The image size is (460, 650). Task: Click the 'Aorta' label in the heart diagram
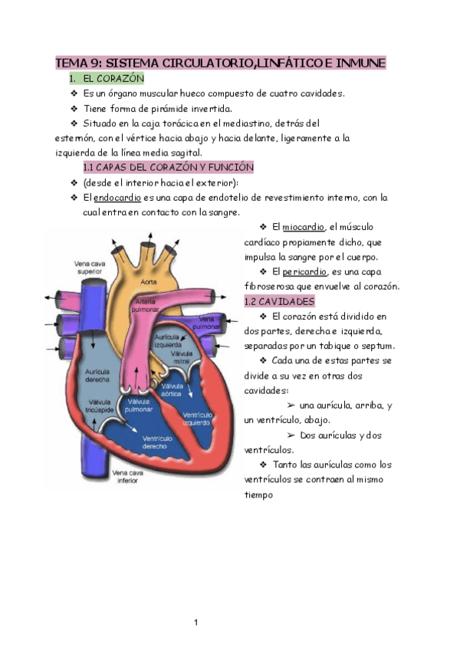coord(148,283)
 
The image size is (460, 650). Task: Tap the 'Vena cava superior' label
coord(90,267)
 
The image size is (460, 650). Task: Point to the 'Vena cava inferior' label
coord(127,477)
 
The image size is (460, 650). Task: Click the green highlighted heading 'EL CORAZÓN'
coord(113,78)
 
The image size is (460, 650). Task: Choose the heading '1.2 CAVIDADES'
coord(279,301)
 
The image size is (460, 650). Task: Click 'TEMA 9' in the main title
coord(77,63)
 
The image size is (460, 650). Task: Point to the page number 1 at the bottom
coord(196,622)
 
